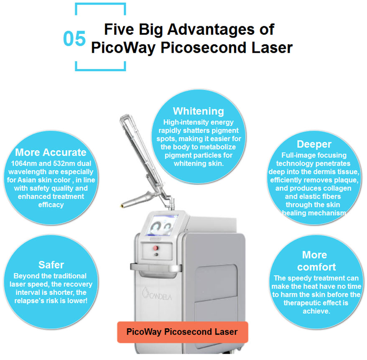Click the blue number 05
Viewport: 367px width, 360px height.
click(74, 38)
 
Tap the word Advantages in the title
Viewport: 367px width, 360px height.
click(211, 30)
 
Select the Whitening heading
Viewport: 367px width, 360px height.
click(199, 111)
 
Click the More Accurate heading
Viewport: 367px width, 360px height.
click(51, 152)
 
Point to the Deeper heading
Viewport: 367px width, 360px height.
click(314, 144)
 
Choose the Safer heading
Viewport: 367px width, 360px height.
click(51, 265)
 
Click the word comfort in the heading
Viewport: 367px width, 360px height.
click(316, 267)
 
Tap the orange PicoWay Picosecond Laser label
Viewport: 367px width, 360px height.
click(183, 332)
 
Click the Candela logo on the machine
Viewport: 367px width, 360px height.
click(157, 294)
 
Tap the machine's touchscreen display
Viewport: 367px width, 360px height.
click(162, 225)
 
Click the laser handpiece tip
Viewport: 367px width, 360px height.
click(122, 206)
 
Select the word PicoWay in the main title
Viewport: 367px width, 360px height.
click(123, 48)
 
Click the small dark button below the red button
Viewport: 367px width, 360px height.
click(156, 255)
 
